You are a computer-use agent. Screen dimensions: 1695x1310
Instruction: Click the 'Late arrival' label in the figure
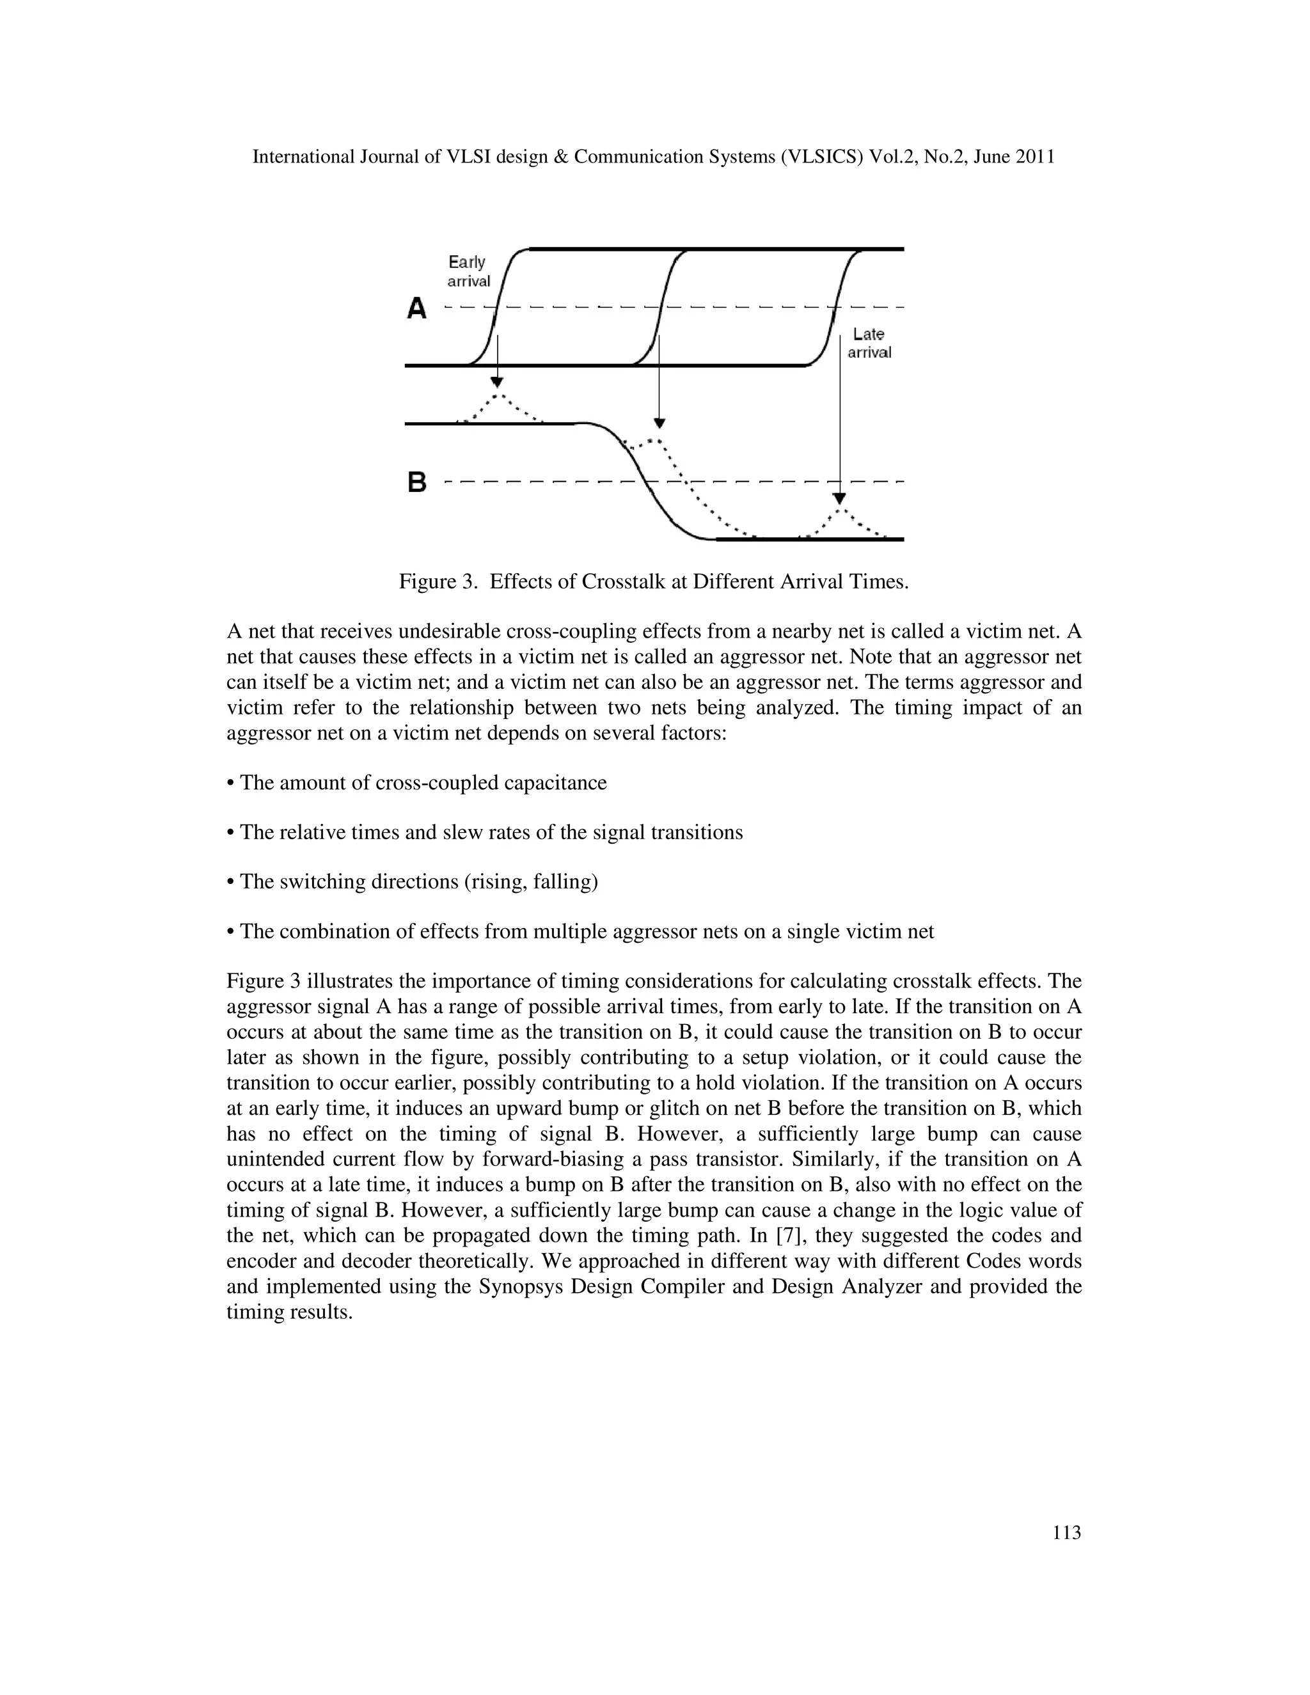(869, 343)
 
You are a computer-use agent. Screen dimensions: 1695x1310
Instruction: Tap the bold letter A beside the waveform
(417, 309)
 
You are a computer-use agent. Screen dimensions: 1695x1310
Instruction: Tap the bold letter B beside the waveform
(417, 483)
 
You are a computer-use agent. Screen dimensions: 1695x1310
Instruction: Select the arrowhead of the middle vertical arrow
(659, 423)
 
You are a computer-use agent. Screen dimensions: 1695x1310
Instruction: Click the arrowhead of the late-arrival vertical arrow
(839, 498)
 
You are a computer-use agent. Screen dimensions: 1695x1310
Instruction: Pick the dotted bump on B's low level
(843, 521)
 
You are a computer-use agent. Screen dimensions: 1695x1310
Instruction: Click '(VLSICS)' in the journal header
(822, 157)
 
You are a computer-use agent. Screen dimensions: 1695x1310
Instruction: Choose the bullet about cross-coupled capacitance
(417, 782)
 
